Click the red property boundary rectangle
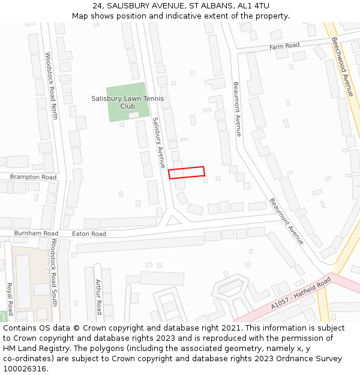pyautogui.click(x=186, y=172)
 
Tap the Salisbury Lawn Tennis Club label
pyautogui.click(x=127, y=102)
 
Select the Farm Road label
pyautogui.click(x=284, y=46)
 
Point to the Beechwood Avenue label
pyautogui.click(x=342, y=66)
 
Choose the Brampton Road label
pyautogui.click(x=33, y=177)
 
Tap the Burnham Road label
pyautogui.click(x=37, y=233)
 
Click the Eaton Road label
pyautogui.click(x=89, y=233)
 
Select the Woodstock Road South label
pyautogui.click(x=54, y=272)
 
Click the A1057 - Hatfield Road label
pyautogui.click(x=301, y=293)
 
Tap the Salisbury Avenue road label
pyautogui.click(x=158, y=143)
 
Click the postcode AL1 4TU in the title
pyautogui.click(x=253, y=6)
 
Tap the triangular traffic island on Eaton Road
pyautogui.click(x=173, y=221)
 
